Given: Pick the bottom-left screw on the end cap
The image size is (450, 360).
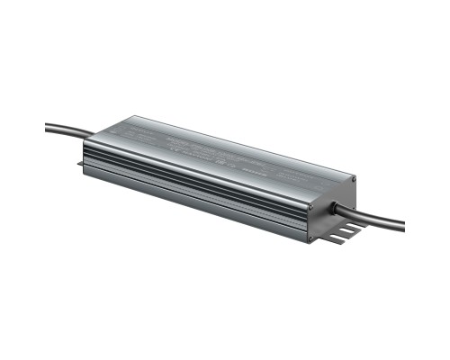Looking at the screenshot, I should pyautogui.click(x=310, y=238).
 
